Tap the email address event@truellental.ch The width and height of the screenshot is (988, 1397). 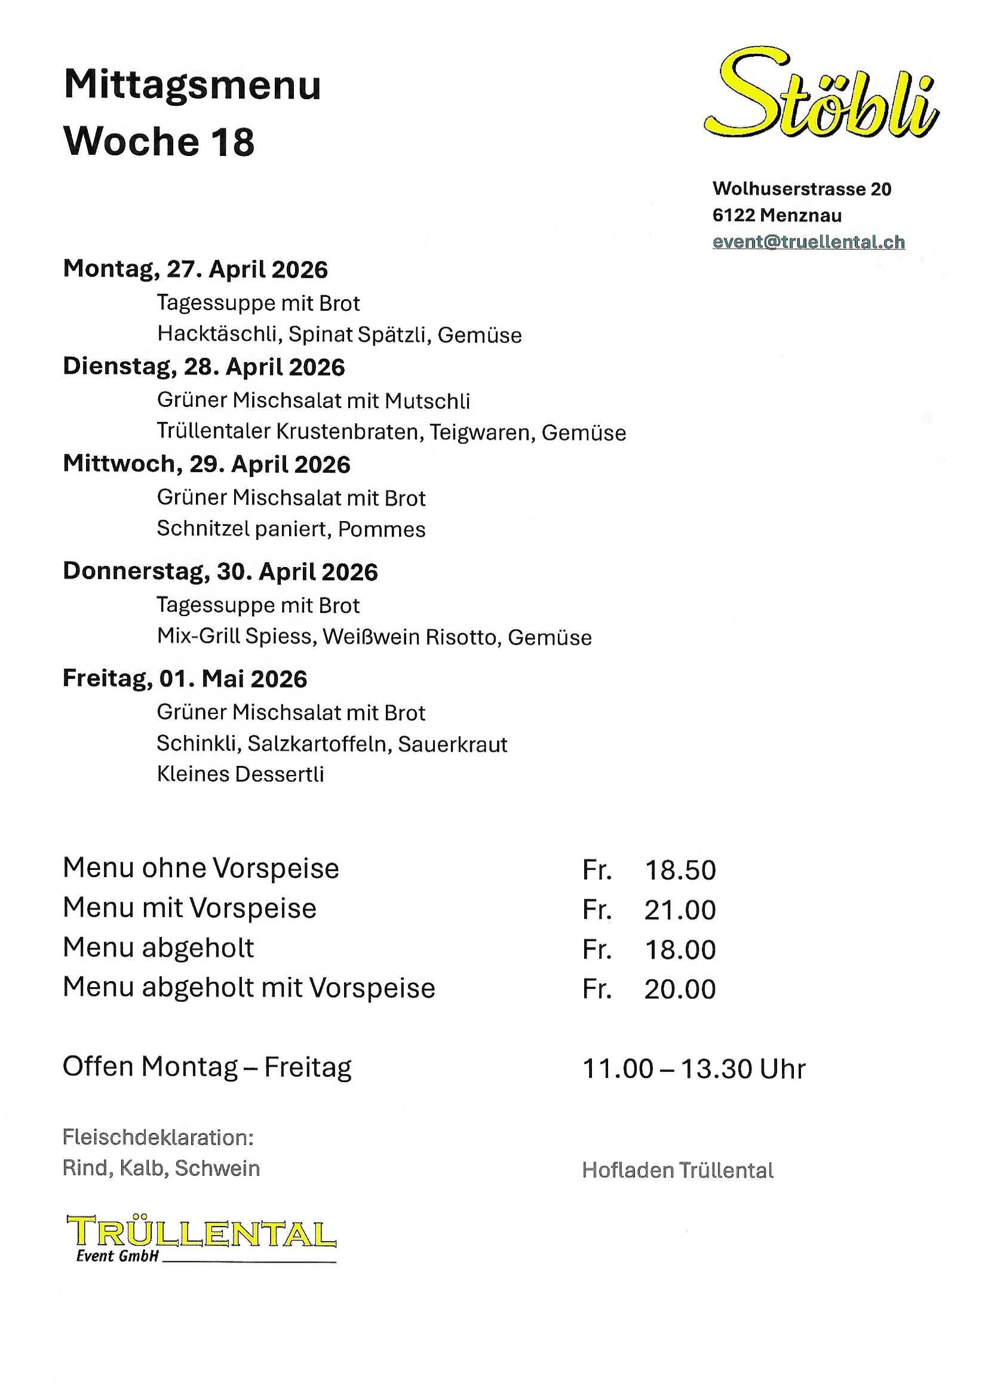click(809, 242)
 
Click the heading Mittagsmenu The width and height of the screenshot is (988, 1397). click(192, 85)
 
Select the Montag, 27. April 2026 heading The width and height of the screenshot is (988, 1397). click(195, 269)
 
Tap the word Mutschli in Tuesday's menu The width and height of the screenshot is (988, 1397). click(427, 401)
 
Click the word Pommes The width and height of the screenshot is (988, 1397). click(382, 529)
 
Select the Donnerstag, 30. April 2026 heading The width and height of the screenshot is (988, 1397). click(220, 572)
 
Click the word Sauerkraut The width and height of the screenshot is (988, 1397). click(453, 744)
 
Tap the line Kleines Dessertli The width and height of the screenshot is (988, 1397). click(240, 774)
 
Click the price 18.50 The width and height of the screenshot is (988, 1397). click(680, 870)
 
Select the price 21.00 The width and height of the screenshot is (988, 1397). click(680, 909)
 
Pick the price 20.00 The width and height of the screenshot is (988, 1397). click(680, 989)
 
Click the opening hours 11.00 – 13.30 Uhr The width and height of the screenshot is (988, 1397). click(694, 1068)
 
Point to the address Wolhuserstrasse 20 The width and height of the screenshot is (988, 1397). click(802, 189)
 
